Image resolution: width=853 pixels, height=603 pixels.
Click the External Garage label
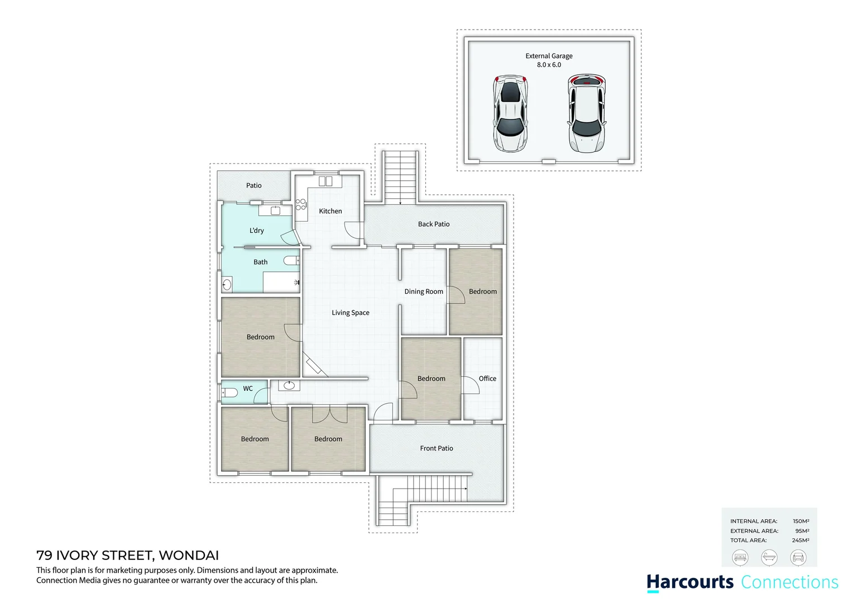(x=549, y=56)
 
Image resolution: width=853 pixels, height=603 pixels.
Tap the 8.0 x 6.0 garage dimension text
(x=549, y=65)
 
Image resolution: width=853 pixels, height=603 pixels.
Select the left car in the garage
(x=510, y=114)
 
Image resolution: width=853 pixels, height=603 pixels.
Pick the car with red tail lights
(x=586, y=114)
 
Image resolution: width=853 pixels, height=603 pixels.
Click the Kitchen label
(x=330, y=211)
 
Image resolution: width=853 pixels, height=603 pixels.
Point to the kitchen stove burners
(x=300, y=204)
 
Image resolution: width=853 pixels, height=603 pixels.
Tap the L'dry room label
(x=257, y=230)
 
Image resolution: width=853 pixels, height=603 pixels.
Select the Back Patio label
(x=434, y=224)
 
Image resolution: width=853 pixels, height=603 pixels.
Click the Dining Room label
(x=424, y=291)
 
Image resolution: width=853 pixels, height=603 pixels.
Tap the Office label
(x=487, y=379)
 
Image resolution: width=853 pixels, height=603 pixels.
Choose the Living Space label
(x=351, y=313)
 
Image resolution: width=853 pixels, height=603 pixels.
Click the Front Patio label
(x=437, y=448)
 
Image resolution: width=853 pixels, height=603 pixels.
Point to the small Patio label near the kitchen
(x=254, y=185)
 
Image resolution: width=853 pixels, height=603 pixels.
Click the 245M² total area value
(x=801, y=540)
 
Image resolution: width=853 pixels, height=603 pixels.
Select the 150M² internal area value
(x=801, y=521)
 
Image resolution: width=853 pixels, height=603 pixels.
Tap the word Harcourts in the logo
(x=691, y=582)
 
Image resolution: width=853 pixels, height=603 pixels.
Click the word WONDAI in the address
(x=189, y=556)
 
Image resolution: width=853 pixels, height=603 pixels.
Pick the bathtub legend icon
(x=769, y=557)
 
